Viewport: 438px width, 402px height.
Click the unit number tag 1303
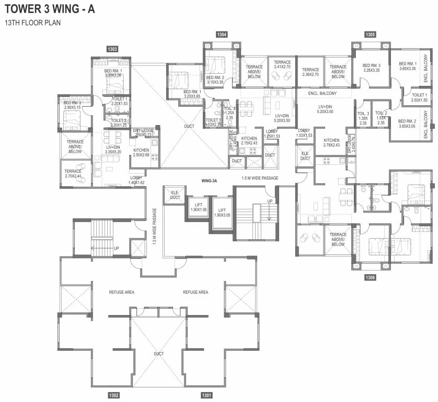pos(112,49)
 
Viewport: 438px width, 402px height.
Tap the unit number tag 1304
pos(222,35)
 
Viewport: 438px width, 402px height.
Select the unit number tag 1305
pos(370,35)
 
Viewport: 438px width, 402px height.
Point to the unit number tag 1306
pos(370,277)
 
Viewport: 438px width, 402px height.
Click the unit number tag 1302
pos(114,395)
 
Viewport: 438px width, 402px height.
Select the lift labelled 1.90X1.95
pos(199,206)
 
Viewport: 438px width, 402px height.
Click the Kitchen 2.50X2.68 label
pos(141,152)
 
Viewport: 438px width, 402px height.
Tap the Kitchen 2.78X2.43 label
pos(332,143)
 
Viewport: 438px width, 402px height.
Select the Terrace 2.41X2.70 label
pos(282,65)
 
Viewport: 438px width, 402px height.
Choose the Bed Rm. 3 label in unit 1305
pos(372,68)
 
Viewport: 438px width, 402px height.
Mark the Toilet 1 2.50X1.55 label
pos(419,97)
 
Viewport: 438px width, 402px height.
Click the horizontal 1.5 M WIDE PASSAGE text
pos(260,178)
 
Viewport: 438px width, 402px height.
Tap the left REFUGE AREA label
pos(121,292)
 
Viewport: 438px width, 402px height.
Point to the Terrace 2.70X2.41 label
pos(73,174)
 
